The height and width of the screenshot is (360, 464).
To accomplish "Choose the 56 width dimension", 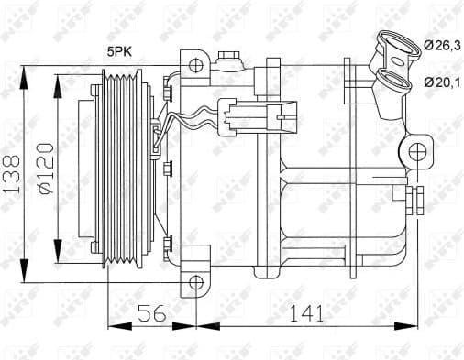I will (153, 313).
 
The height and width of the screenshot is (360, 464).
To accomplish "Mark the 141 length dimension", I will (308, 313).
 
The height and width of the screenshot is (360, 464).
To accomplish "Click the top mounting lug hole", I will (194, 66).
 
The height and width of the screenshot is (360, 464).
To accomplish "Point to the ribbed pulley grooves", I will (122, 171).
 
